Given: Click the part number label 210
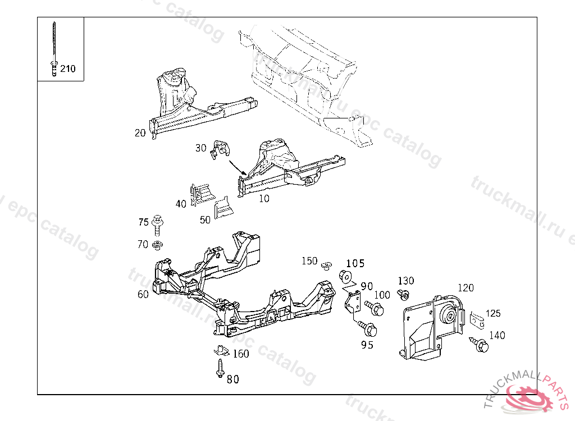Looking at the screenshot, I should click(x=68, y=69).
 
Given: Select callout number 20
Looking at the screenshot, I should click(x=140, y=133).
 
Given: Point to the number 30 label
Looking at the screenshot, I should click(x=200, y=148).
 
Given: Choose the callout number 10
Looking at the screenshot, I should click(x=263, y=198).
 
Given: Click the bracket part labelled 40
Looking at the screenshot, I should click(x=200, y=192).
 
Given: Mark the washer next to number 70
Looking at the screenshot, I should click(x=158, y=244).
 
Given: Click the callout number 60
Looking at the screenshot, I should click(x=143, y=294).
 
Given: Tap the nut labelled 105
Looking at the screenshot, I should click(x=345, y=276).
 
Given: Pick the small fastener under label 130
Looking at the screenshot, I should click(x=403, y=294).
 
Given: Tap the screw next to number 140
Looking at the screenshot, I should click(x=479, y=344).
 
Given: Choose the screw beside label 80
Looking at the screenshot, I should click(x=219, y=368).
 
